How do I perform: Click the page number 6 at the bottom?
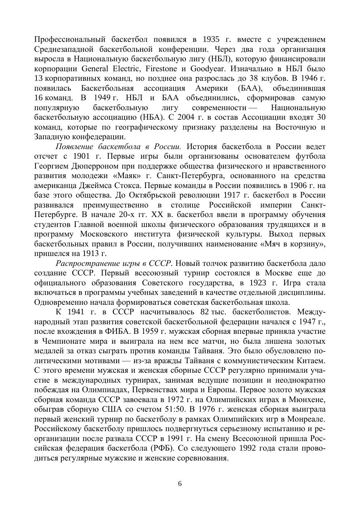tap(180, 484)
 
